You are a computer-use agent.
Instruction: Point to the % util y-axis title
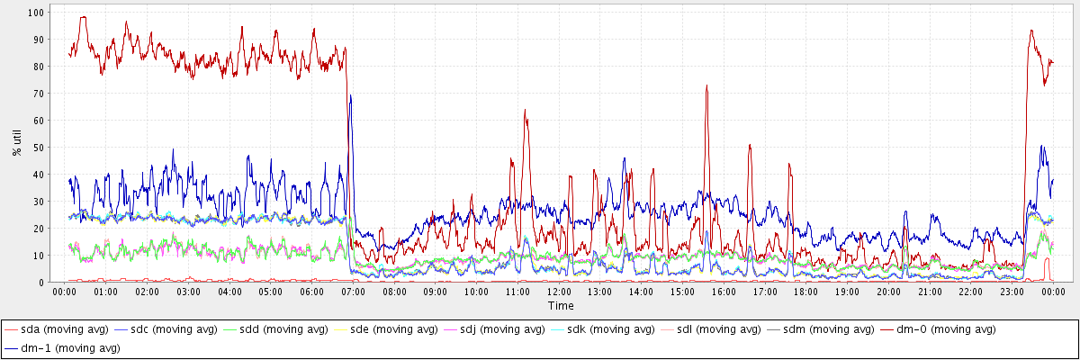17,142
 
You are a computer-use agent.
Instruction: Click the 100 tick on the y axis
35,13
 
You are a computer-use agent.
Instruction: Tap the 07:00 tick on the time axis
353,292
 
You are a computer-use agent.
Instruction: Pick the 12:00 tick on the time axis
559,292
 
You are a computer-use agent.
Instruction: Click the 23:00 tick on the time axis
1012,292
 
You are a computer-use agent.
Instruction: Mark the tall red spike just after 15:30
707,86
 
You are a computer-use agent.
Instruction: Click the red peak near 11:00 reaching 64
526,112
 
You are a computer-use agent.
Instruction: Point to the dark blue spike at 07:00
350,96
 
